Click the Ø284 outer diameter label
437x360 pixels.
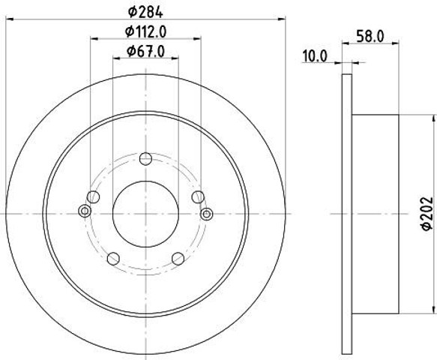click(x=145, y=12)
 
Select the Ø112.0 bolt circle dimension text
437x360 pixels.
click(x=145, y=31)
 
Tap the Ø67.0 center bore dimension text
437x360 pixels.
click(x=145, y=51)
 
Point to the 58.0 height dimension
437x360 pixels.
click(x=370, y=37)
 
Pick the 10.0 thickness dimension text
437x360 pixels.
click(x=314, y=56)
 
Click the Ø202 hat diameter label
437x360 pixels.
click(x=427, y=214)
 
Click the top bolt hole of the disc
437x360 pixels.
click(x=145, y=159)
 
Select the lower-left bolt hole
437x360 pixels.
click(x=113, y=259)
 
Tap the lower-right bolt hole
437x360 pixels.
click(x=178, y=259)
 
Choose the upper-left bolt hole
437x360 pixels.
click(x=93, y=197)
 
